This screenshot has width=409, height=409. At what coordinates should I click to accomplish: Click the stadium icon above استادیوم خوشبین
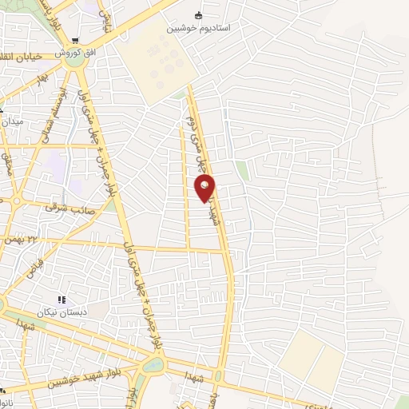pos(199,15)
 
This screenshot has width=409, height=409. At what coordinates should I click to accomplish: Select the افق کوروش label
pos(81,52)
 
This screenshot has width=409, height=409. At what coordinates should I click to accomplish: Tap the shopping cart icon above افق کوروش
pos(75,41)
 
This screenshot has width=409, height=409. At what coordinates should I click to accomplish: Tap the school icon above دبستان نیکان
pos(61,300)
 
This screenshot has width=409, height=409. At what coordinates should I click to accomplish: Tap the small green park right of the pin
pos(242,170)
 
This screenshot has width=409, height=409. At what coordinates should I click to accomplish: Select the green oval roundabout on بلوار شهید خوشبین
pos(153,364)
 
